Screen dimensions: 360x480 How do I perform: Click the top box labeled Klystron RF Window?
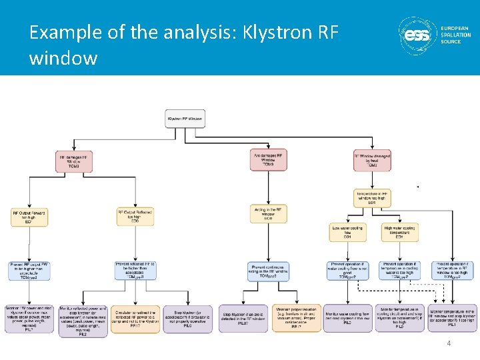coord(185,119)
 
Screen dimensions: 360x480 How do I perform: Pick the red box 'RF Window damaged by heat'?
coord(372,160)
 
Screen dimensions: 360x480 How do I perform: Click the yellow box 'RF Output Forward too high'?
coord(29,217)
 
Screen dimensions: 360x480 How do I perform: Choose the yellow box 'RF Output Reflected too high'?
coord(135,216)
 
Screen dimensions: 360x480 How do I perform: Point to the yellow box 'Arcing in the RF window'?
coord(268,213)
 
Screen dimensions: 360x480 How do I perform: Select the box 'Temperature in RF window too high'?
coord(372,198)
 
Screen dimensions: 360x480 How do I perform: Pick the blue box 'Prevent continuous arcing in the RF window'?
coord(268,271)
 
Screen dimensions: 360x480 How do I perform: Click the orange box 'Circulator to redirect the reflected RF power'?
coord(140,318)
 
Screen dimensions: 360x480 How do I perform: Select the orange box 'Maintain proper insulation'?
coord(296,318)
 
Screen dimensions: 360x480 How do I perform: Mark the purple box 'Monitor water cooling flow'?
coord(347,318)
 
